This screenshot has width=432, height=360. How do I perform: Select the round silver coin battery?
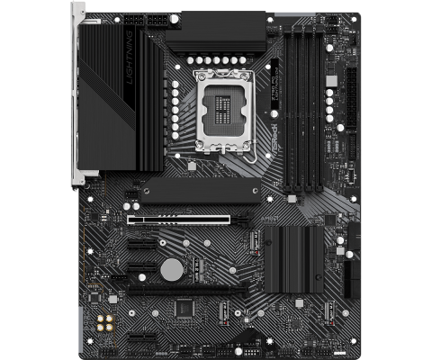click(x=170, y=267)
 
